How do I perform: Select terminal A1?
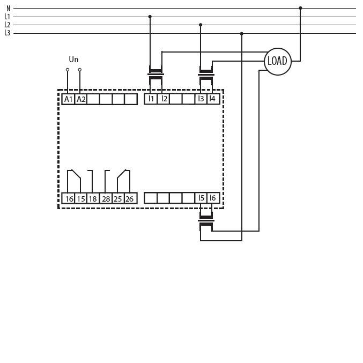[68, 99]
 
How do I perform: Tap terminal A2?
[81, 99]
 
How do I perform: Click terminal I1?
[151, 99]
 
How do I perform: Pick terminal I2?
[164, 99]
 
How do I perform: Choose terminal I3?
[201, 99]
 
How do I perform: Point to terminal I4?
[213, 99]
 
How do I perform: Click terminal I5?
[201, 198]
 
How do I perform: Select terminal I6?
[213, 198]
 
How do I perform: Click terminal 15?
[81, 198]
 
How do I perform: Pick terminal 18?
[93, 198]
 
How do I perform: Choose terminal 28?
[106, 198]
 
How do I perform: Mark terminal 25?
[118, 198]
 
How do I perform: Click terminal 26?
[130, 198]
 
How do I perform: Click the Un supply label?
[73, 60]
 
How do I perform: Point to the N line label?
[9, 9]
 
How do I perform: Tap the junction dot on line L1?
[150, 17]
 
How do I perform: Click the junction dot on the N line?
[300, 8]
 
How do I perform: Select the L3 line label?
[8, 33]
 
